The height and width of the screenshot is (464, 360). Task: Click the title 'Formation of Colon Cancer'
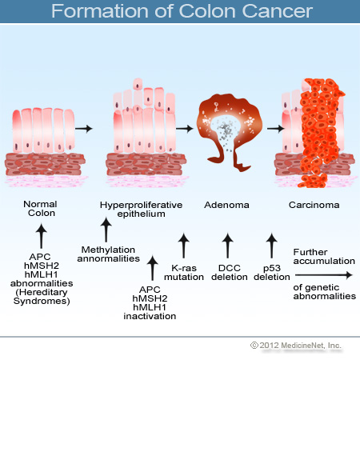182,11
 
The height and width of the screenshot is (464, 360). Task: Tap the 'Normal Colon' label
41,208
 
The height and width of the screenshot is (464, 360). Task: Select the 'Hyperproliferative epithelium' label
141,210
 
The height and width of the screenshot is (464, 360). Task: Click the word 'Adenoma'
226,205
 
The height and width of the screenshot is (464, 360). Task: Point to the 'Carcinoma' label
314,205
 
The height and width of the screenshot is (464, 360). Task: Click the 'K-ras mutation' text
184,272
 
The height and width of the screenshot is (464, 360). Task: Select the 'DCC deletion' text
230,272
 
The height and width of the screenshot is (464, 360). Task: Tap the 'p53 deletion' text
272,272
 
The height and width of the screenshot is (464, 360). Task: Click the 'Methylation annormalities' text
108,254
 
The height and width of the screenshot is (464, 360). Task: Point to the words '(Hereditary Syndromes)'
42,297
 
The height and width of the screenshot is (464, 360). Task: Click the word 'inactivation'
150,316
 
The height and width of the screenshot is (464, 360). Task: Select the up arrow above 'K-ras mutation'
184,246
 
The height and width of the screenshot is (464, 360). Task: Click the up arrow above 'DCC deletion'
227,246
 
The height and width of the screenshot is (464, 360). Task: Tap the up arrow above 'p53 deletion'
271,246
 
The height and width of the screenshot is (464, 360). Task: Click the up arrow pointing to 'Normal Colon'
41,236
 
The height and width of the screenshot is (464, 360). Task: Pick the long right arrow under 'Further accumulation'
324,275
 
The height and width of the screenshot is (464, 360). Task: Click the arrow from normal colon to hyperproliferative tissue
84,129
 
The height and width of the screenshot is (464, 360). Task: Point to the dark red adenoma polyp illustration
230,130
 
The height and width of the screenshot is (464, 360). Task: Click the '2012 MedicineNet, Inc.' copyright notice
296,346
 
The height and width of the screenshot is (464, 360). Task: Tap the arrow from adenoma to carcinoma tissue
276,129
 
